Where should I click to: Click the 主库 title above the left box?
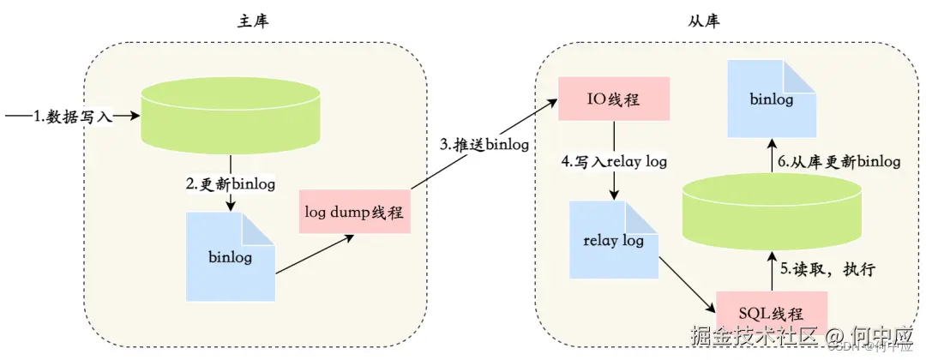(255, 20)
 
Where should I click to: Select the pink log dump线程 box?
(355, 211)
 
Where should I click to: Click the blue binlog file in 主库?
(230, 256)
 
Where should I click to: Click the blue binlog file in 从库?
(771, 99)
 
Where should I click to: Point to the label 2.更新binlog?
(231, 184)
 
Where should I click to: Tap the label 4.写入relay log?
(614, 160)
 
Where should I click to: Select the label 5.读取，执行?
(826, 269)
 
